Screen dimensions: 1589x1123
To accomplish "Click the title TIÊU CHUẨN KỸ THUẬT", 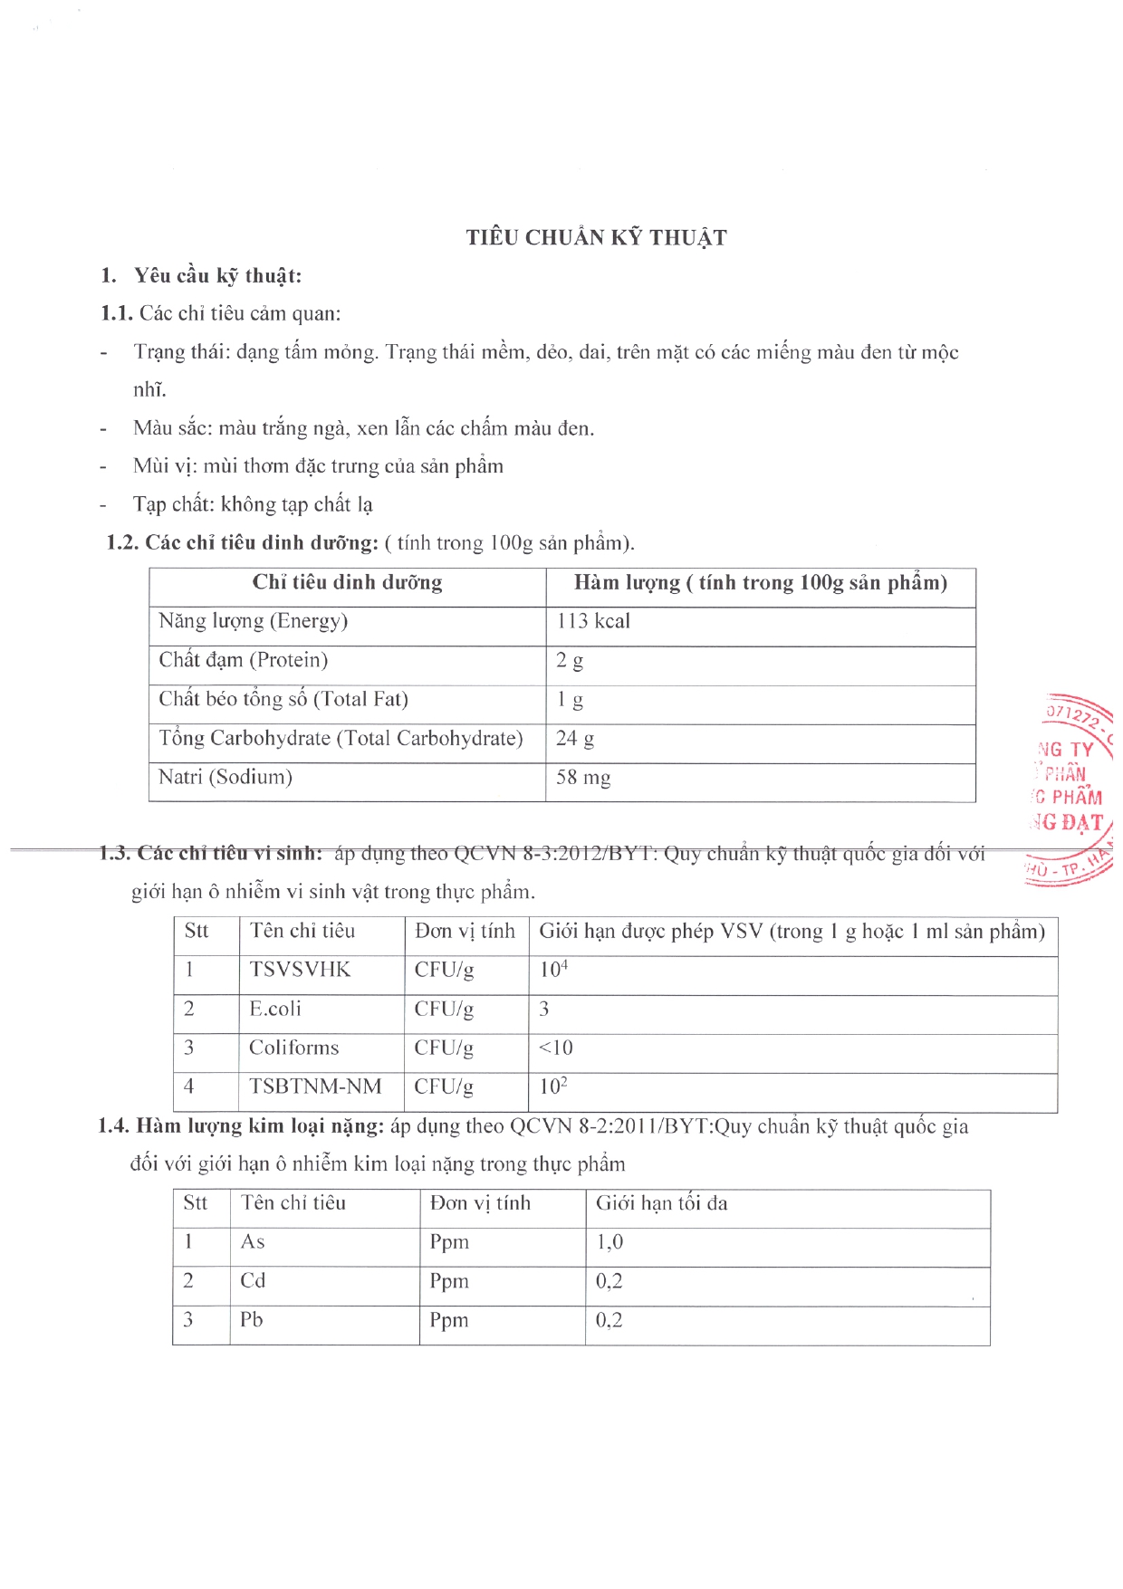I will click(x=596, y=238).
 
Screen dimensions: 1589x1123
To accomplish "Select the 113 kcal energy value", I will click(x=593, y=621).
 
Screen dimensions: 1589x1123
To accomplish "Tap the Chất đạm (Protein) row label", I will click(x=243, y=660).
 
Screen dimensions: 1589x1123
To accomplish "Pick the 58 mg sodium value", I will click(x=583, y=778).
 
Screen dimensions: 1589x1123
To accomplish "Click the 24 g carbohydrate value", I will click(x=575, y=739).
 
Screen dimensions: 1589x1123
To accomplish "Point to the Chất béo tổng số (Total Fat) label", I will click(x=283, y=699).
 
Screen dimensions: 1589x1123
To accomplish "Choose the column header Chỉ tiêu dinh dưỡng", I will click(x=347, y=582).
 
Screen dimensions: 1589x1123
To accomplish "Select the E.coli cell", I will click(x=275, y=1009).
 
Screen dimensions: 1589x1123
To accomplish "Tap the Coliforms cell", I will click(x=293, y=1048).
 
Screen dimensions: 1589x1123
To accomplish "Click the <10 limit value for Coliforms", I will click(x=555, y=1048).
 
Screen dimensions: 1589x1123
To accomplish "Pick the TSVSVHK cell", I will click(x=300, y=970).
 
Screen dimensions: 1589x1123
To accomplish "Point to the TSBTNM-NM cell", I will click(x=315, y=1086).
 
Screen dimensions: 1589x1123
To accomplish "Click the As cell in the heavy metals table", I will click(x=253, y=1242).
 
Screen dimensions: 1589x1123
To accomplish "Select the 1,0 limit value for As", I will click(x=609, y=1242).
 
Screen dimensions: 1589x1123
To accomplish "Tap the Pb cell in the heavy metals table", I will click(x=252, y=1320).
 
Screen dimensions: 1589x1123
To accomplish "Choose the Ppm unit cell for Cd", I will click(x=449, y=1281).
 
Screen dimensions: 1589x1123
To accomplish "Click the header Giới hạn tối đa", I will click(x=661, y=1203).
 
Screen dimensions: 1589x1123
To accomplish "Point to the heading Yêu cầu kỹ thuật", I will click(x=217, y=276).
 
